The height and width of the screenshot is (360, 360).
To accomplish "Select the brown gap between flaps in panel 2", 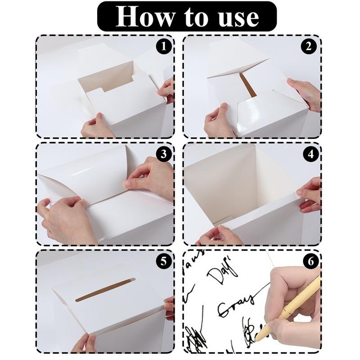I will point(248,85).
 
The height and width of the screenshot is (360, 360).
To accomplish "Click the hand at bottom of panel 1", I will point(96,126).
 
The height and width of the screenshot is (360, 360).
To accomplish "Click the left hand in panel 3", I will point(63,220).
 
